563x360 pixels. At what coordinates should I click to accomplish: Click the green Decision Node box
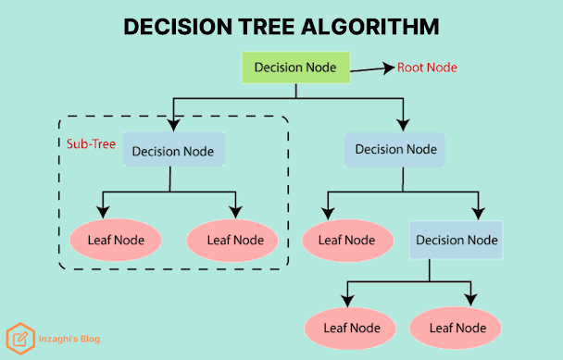(x=296, y=68)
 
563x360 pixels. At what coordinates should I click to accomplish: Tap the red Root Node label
(x=427, y=68)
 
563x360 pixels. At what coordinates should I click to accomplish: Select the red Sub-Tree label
(x=91, y=144)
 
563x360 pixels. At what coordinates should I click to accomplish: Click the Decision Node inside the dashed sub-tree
(x=174, y=149)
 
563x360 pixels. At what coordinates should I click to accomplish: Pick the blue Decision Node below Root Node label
(x=394, y=150)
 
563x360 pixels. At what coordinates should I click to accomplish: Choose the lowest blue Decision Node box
(x=456, y=240)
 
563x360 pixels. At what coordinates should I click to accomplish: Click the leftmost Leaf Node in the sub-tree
(x=116, y=240)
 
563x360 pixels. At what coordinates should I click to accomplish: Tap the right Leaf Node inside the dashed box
(x=232, y=241)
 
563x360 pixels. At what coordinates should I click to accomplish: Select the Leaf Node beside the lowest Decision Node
(x=347, y=241)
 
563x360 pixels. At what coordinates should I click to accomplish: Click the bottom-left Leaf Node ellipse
(x=350, y=328)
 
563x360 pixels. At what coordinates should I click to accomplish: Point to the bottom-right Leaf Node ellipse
(x=456, y=328)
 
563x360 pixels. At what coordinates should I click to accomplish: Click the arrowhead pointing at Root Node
(x=389, y=68)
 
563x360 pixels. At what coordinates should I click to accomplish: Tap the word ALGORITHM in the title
(x=370, y=27)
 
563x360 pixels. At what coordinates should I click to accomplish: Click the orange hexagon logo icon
(x=20, y=339)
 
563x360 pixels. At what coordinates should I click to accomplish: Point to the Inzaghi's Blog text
(x=69, y=339)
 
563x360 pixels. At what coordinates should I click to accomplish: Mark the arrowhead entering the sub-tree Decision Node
(x=174, y=125)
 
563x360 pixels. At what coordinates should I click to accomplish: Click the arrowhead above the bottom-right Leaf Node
(x=470, y=300)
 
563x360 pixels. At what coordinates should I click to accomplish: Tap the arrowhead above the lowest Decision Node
(x=478, y=214)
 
